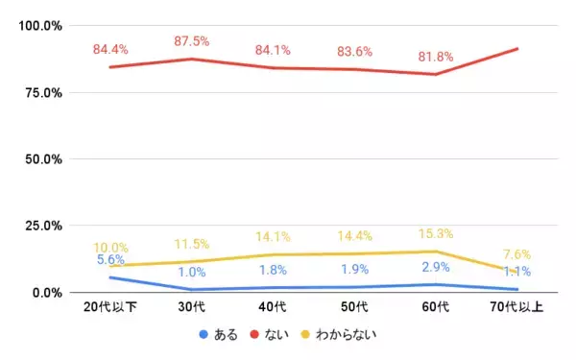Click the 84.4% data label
(109, 49)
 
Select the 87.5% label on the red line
(191, 41)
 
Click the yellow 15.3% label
(436, 233)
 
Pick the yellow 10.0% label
(110, 248)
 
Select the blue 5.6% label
(110, 260)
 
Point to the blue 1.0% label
(191, 272)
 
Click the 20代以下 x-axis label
(110, 308)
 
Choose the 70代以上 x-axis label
(517, 308)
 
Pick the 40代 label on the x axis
(273, 308)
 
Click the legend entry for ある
(219, 335)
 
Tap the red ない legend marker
(257, 335)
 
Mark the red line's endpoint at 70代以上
(517, 48)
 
